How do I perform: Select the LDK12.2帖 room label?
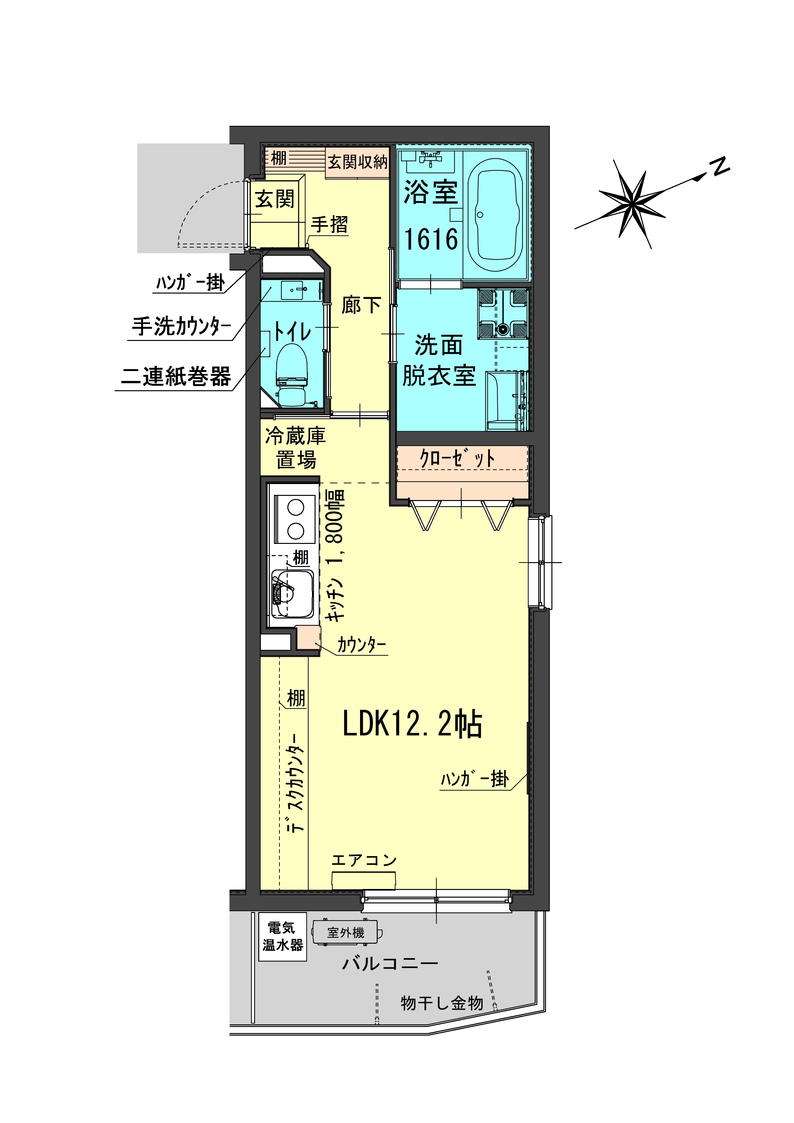[412, 724]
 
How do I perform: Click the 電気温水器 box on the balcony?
[283, 937]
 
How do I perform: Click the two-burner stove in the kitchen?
[295, 520]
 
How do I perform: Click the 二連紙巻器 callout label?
[176, 376]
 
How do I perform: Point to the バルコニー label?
[390, 964]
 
